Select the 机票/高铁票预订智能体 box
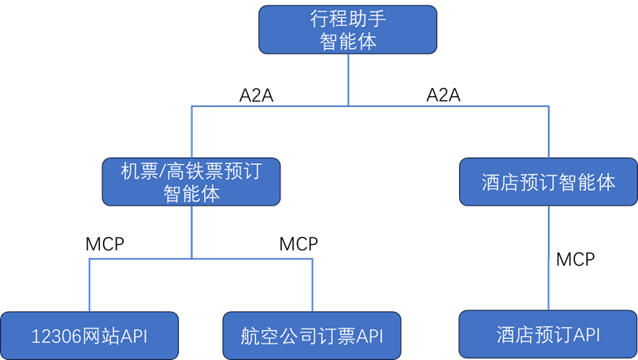(x=191, y=182)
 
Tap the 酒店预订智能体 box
(x=547, y=183)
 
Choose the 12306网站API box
(x=89, y=336)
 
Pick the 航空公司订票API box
(x=312, y=336)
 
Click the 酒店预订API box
(x=548, y=334)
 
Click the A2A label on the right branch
(x=443, y=95)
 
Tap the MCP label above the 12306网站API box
(x=105, y=244)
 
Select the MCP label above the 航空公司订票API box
(x=299, y=244)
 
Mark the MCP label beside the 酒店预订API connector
(x=575, y=258)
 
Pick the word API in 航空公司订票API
(x=369, y=336)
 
